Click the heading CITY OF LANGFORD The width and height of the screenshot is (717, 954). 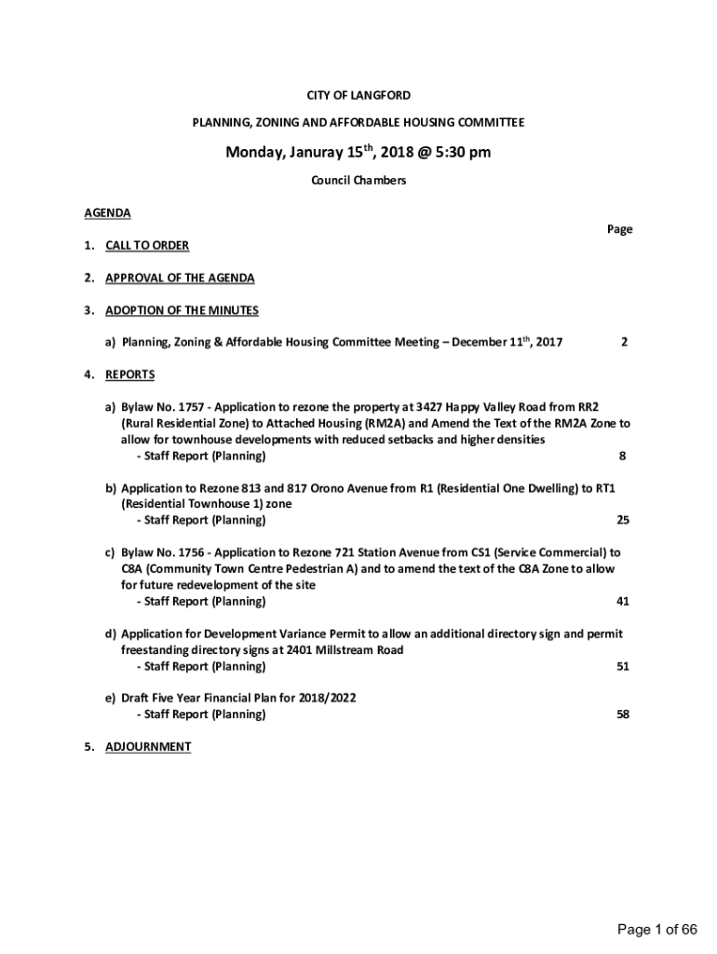[358, 95]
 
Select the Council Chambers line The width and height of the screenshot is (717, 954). [358, 181]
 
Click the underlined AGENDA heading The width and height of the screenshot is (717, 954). [107, 212]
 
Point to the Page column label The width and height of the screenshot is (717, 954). [619, 229]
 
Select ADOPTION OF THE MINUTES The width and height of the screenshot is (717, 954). [182, 310]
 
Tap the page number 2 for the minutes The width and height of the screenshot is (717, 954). [624, 342]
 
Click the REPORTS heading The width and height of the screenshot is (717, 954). [129, 375]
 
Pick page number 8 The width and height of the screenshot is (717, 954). [622, 456]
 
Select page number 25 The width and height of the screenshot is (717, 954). [622, 520]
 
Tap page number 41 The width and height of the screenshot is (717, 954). [622, 601]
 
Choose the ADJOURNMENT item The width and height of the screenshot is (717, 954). [148, 746]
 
